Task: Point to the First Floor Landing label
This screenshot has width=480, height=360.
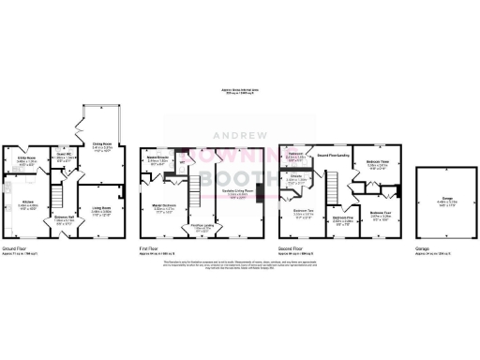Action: tap(202, 226)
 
